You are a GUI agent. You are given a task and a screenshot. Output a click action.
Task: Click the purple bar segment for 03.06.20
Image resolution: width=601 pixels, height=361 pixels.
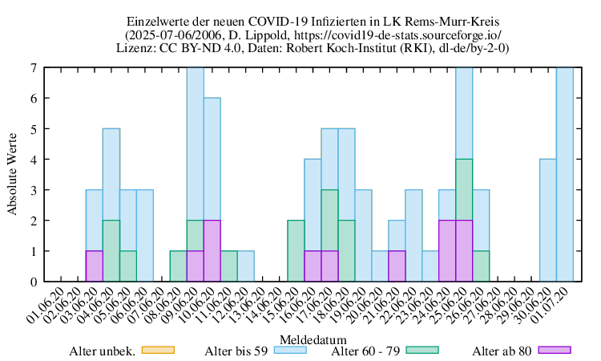tap(94, 266)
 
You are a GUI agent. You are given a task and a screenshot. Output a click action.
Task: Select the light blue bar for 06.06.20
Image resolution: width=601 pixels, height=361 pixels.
tap(144, 236)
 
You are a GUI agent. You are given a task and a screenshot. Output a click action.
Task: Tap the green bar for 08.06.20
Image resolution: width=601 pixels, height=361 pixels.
tap(178, 266)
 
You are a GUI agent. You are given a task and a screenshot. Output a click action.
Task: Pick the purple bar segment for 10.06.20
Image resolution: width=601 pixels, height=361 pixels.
tap(212, 251)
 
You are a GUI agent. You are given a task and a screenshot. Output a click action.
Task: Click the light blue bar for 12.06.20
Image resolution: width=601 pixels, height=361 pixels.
tap(245, 266)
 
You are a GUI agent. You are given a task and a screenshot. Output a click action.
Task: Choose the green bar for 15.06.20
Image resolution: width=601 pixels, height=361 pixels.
tap(296, 251)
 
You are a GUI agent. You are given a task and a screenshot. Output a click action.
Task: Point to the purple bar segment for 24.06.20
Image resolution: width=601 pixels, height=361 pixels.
tap(447, 251)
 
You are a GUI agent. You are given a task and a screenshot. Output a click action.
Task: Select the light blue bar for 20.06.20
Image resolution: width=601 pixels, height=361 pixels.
tap(380, 266)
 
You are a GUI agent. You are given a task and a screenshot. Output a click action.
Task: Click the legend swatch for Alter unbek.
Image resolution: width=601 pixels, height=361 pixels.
tap(157, 350)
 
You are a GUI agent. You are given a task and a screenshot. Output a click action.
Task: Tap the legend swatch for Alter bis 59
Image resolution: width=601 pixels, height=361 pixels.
tap(292, 350)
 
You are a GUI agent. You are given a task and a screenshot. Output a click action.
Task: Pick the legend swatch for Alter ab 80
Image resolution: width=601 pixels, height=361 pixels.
tap(554, 350)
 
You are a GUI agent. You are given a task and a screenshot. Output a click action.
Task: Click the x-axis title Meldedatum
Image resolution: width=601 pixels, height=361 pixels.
tap(313, 338)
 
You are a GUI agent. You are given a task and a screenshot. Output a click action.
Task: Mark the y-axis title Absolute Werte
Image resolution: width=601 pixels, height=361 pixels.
tap(14, 175)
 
